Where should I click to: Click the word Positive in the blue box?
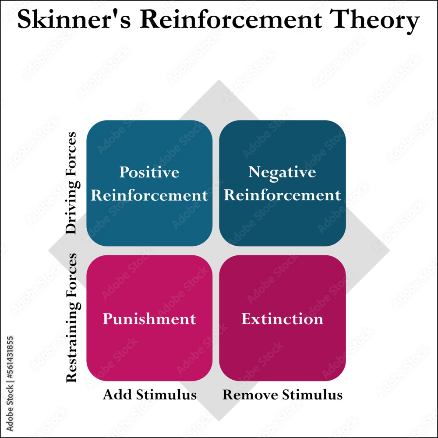pos(149,172)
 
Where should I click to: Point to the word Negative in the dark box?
pos(282,172)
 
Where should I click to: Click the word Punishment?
pos(149,318)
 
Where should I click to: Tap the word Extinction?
pos(282,318)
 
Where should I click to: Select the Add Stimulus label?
pos(149,395)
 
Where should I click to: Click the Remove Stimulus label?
pos(282,395)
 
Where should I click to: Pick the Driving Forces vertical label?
pos(71,183)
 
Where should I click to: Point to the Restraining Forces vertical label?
pos(71,318)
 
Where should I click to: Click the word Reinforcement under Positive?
pos(149,195)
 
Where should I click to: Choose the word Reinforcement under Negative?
pos(282,195)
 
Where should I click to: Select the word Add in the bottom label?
pos(116,395)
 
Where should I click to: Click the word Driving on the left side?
pos(71,208)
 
